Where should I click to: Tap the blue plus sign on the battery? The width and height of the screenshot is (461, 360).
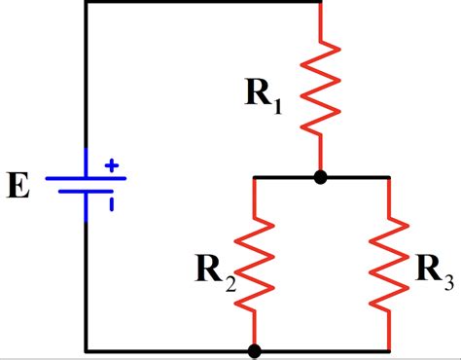(x=111, y=166)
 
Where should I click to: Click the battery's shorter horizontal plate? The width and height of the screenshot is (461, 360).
(x=87, y=192)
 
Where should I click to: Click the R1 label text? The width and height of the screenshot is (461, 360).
(x=264, y=94)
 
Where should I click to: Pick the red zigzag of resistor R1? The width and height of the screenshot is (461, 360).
(x=320, y=88)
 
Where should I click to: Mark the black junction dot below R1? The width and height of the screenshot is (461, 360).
(x=320, y=178)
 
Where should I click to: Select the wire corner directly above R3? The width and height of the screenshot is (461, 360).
(x=390, y=178)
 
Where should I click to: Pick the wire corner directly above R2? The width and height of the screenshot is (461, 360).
(x=254, y=178)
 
